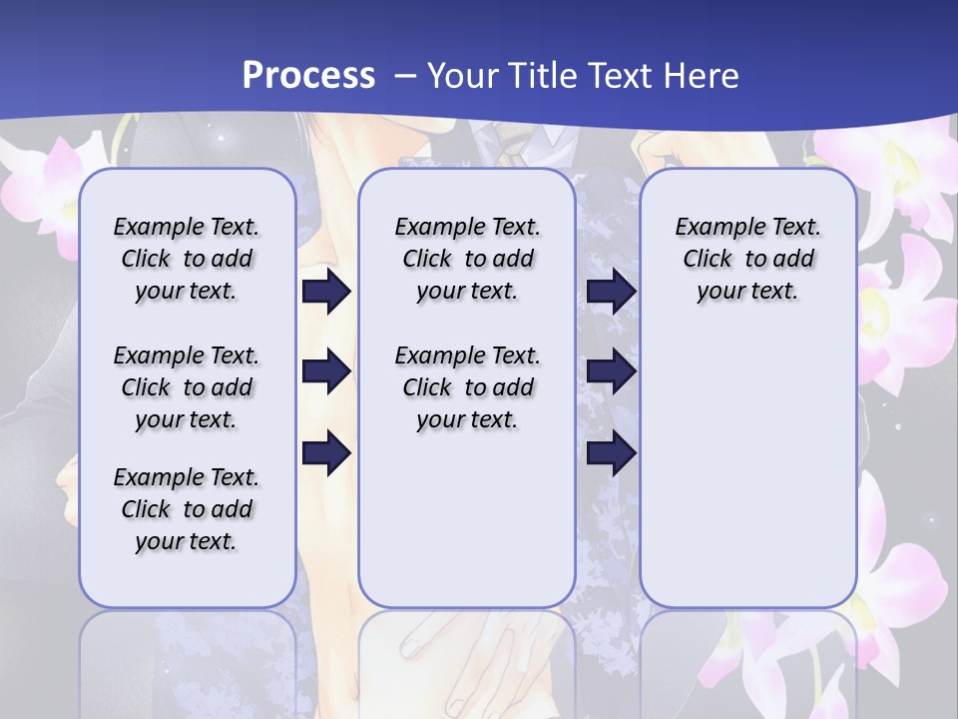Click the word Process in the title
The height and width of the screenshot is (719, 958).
308,75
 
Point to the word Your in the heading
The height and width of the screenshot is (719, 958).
459,75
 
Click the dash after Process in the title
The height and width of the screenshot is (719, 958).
404,76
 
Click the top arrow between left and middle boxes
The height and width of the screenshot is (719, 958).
326,292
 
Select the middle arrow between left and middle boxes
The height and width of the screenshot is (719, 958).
326,372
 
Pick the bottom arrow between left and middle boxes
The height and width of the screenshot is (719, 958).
326,453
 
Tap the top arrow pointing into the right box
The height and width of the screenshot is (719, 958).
611,292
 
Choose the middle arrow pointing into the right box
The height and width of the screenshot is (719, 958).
611,372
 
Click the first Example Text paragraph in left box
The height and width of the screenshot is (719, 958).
187,259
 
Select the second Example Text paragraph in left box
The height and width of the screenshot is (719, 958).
187,387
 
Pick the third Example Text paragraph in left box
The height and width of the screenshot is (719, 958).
187,509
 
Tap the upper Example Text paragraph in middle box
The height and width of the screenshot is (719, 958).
467,259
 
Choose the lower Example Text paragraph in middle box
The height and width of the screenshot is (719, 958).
467,387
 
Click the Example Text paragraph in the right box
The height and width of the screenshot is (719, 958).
747,259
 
